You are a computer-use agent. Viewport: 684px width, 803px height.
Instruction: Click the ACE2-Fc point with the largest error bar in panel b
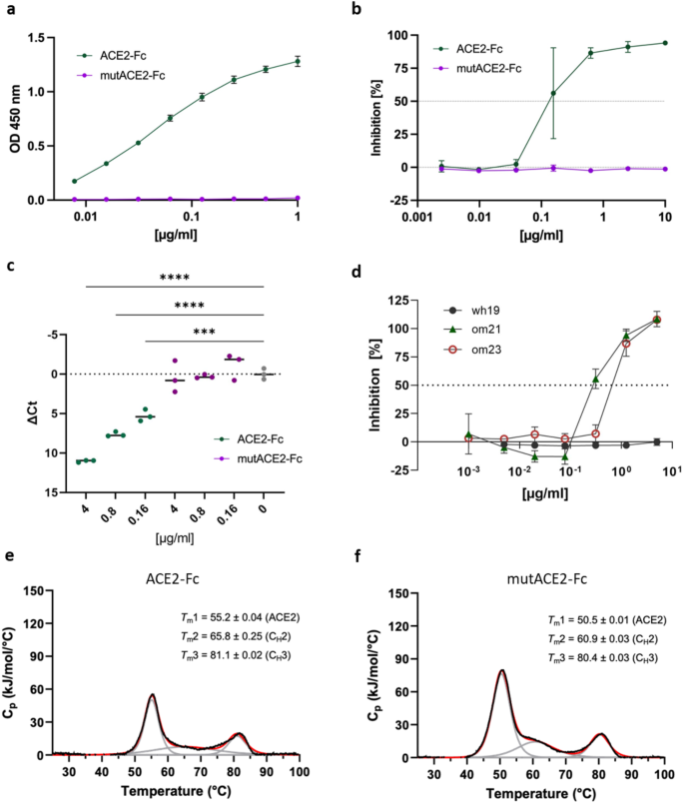point(552,93)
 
